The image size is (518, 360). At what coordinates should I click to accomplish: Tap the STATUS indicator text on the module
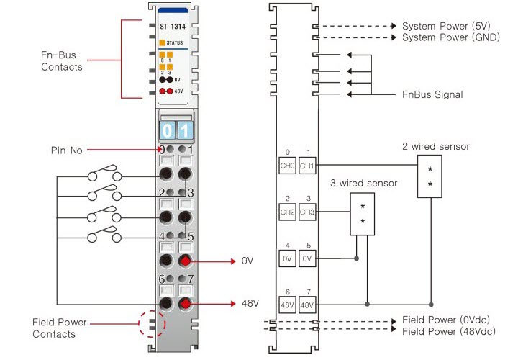coord(176,43)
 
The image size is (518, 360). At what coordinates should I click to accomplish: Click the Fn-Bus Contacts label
coord(62,62)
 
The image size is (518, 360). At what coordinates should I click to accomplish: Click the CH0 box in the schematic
coord(287,166)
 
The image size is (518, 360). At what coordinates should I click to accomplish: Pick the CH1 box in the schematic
coord(308,166)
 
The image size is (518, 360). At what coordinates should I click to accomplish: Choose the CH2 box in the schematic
coord(287,212)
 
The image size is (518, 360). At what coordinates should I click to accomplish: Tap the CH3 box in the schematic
coord(308,212)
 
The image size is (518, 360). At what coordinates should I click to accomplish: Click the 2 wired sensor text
coord(436,147)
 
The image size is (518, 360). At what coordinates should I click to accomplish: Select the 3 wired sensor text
coord(363,184)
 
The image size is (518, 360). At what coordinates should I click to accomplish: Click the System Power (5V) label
coord(445,25)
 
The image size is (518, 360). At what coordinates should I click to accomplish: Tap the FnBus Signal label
coord(432,94)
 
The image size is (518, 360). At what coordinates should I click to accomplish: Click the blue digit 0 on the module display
coord(166,131)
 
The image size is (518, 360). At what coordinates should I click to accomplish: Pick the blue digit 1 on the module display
coord(184,131)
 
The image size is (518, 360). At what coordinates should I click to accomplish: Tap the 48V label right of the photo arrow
coord(250,303)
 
